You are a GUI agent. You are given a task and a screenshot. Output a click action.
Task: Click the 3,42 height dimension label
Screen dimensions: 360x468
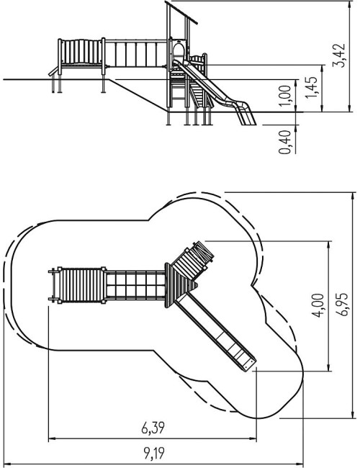coord(339,56)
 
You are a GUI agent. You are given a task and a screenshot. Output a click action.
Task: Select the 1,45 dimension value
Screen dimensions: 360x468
coord(310,87)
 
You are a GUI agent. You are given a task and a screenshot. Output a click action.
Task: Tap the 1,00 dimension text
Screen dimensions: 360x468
coord(285,96)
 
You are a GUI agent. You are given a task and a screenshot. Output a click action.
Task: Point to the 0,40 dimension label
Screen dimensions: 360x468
coord(285,143)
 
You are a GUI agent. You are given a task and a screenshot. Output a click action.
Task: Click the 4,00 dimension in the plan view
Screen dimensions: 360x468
coord(318,305)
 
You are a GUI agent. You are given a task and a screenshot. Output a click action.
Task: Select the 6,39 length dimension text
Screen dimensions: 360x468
coord(153,428)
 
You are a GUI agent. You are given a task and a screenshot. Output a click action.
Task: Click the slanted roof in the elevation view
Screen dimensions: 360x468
coord(182,13)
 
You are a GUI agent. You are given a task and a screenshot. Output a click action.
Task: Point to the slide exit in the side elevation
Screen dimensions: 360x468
coord(246,115)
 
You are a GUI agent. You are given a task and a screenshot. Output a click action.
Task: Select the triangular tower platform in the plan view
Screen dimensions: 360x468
coord(179,285)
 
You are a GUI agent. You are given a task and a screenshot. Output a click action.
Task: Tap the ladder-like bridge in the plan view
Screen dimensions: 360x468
coord(135,285)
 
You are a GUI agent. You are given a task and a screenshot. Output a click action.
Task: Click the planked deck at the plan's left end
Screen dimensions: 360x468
coord(81,285)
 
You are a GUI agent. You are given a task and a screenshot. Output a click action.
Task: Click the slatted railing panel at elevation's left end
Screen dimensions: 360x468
coord(81,52)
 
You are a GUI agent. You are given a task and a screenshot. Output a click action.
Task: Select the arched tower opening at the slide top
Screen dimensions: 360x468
coord(179,51)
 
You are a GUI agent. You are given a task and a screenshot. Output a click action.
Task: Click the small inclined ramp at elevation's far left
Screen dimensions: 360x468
coord(53,71)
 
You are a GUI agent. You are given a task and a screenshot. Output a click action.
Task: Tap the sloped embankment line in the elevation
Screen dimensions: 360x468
coord(138,96)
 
